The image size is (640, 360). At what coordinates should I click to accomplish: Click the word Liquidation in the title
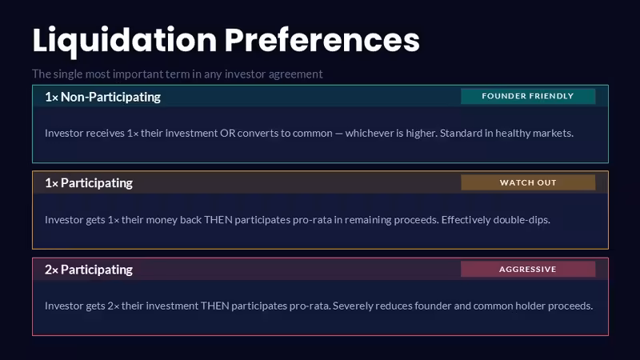125,41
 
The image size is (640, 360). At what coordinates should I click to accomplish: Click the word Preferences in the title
322,40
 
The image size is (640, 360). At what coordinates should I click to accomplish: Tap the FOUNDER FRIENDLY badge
528,96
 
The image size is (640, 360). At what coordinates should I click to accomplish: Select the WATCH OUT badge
528,182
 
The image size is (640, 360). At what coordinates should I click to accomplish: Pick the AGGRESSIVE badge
528,269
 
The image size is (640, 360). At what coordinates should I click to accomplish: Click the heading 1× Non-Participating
103,97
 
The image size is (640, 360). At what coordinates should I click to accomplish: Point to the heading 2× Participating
89,270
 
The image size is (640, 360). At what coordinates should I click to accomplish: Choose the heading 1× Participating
89,183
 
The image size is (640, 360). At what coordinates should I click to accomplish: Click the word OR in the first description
227,133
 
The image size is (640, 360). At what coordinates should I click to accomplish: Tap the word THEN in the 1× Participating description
218,219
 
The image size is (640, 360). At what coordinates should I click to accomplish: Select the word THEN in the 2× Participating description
214,306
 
